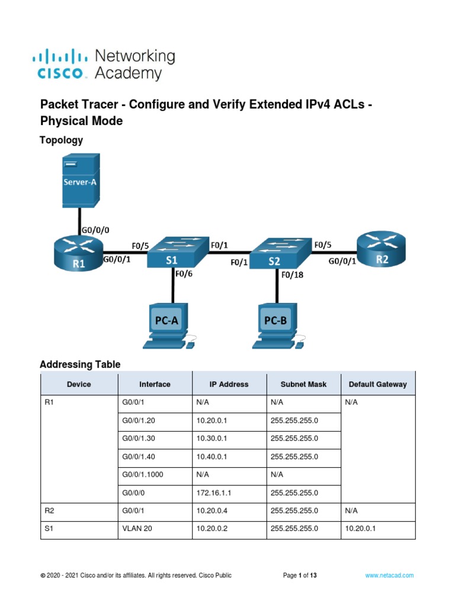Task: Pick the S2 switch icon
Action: click(279, 254)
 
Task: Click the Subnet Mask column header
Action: click(303, 384)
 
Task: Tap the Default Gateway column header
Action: click(377, 384)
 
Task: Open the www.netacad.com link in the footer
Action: click(389, 576)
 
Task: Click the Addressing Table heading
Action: click(80, 365)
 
